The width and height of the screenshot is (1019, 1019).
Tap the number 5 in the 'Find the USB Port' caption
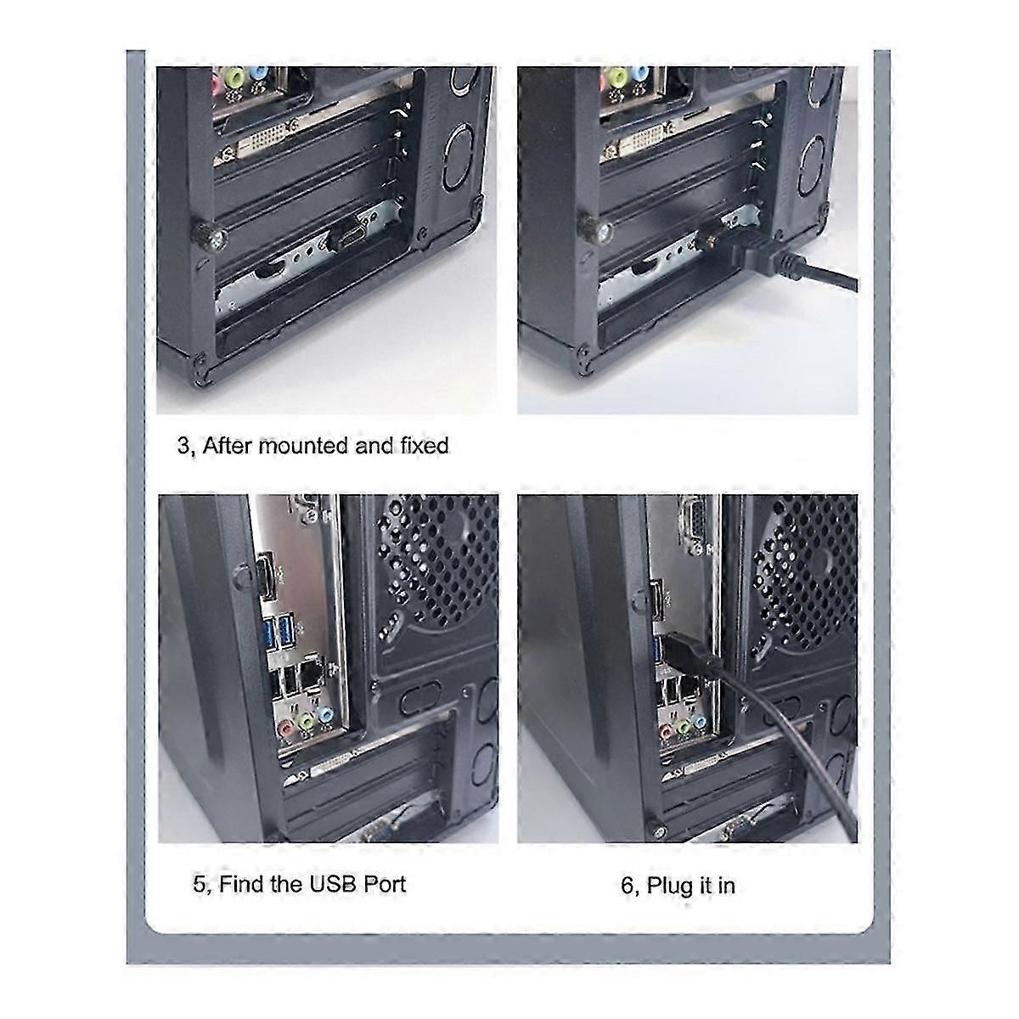pos(199,884)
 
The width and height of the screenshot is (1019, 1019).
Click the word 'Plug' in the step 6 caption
pos(670,886)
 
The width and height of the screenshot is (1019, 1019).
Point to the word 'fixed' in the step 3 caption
pos(423,445)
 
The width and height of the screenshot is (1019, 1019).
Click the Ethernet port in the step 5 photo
pos(313,673)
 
